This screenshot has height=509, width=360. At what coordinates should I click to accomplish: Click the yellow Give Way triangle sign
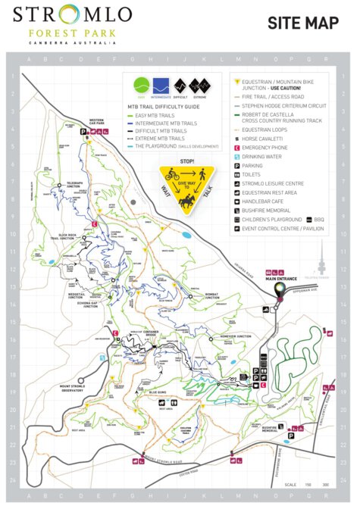(186, 186)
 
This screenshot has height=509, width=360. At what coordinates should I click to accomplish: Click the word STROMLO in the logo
(72, 15)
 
